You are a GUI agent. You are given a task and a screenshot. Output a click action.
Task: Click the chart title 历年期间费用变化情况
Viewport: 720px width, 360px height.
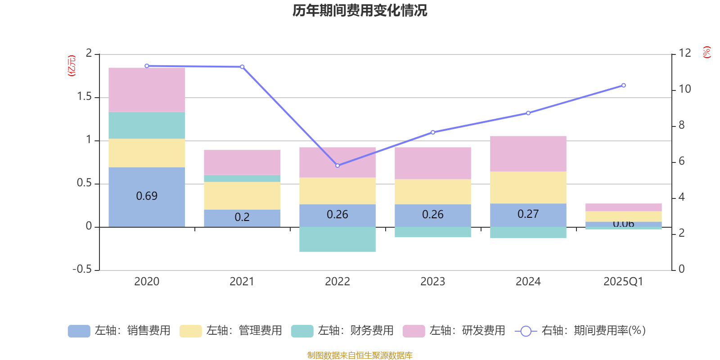coord(360,10)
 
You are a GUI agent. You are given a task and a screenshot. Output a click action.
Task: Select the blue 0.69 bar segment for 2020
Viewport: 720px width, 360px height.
coord(147,197)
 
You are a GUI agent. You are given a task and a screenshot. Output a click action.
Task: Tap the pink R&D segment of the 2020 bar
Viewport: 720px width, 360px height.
coord(147,90)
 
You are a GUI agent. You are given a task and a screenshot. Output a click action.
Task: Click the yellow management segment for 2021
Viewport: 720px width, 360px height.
coord(242,195)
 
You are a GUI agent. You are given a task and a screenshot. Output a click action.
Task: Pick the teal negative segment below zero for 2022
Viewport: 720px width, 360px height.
coord(337,239)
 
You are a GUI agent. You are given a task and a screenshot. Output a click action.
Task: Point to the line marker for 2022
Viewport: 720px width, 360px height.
coord(337,166)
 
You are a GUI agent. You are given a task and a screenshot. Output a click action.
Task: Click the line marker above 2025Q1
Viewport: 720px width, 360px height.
coord(623,85)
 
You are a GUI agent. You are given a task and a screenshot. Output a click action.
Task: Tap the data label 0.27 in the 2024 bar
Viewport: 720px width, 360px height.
coord(528,214)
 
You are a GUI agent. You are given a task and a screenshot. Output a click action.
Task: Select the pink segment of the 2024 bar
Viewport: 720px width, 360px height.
coord(528,153)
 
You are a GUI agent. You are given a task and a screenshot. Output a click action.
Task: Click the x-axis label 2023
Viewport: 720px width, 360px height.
coord(432,282)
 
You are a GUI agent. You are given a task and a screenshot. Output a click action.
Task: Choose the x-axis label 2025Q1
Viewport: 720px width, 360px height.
coord(623,282)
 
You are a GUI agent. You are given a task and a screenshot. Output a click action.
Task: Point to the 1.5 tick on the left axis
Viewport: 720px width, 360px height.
coord(84,97)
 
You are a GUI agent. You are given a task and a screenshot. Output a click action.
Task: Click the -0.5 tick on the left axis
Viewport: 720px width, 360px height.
coord(82,269)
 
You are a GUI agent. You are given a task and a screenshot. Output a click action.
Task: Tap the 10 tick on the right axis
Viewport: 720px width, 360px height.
coord(684,89)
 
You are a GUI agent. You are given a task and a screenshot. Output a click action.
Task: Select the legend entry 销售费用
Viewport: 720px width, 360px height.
coord(120,331)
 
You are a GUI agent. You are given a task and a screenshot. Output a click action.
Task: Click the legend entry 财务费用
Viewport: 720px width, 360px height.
coord(343,331)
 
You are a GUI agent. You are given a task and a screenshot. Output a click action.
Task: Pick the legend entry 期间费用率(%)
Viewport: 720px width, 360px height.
coord(580,331)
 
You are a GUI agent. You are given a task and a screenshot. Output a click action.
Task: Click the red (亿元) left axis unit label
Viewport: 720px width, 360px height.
coord(72,66)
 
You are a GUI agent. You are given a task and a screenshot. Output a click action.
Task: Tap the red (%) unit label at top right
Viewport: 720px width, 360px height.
coord(706,52)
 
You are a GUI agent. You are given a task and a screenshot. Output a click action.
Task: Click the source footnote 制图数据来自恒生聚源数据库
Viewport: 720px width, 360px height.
coord(360,355)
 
